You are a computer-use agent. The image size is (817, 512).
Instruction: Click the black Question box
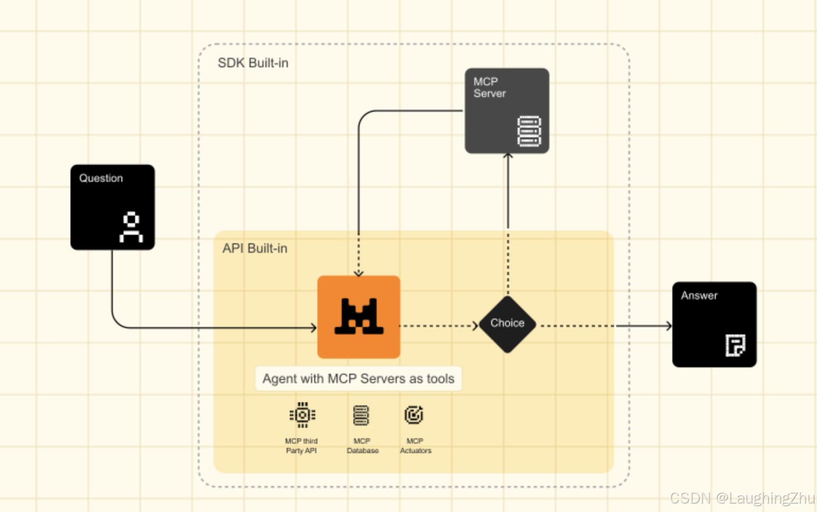(112, 207)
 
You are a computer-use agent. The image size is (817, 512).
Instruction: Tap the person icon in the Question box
(131, 227)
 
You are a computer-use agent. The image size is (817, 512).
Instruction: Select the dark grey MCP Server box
(507, 110)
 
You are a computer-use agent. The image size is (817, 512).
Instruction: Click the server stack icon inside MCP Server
(529, 131)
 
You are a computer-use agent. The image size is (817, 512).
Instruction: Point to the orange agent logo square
(359, 317)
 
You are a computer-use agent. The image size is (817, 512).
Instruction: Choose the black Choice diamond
(507, 324)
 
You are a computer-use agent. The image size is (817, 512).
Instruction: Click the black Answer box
(714, 324)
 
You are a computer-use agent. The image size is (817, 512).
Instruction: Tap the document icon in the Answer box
(735, 346)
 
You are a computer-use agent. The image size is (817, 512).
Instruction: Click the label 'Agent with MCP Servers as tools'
(358, 379)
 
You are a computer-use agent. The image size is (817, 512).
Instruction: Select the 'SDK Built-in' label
(253, 63)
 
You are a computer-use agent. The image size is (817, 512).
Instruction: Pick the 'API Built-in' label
(255, 249)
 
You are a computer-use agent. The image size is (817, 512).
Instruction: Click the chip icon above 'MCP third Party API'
(302, 415)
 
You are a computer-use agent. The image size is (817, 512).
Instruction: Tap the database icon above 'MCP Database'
(361, 416)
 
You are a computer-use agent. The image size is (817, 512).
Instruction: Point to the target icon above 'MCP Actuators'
(414, 415)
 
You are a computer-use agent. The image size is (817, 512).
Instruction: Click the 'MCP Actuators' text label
(415, 446)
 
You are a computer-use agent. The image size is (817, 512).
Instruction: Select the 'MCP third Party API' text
(301, 446)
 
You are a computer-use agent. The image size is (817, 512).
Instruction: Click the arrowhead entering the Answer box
(669, 326)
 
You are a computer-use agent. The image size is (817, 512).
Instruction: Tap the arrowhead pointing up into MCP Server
(508, 156)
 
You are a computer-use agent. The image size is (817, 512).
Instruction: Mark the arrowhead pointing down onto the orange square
(359, 273)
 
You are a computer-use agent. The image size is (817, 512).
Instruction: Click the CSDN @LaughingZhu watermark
(742, 498)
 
